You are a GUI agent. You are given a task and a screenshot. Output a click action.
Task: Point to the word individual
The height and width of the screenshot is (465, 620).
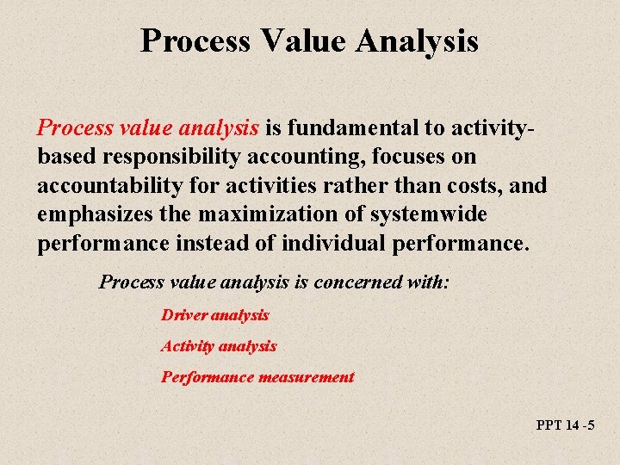point(331,243)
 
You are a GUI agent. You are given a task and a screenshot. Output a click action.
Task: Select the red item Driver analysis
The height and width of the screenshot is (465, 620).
point(215,315)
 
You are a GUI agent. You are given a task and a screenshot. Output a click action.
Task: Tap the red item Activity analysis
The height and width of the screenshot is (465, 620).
point(219,346)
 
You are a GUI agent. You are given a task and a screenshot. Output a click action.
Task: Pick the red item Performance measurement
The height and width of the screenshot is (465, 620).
point(257,377)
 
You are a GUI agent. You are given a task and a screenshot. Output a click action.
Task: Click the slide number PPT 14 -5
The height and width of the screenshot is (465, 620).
point(565,425)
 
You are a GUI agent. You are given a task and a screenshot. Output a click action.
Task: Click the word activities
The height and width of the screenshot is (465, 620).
point(292,186)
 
